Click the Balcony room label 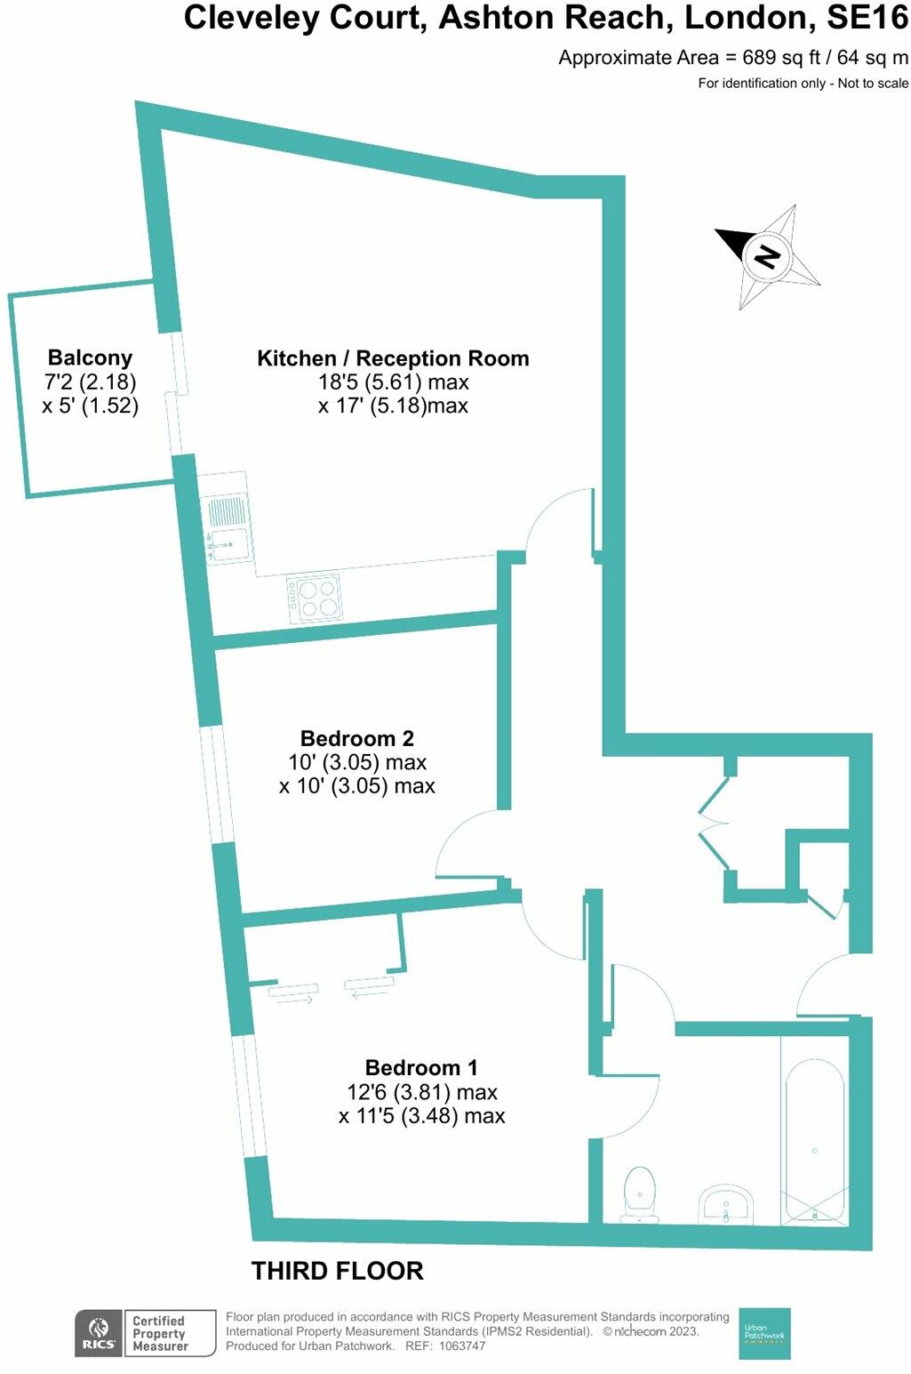(x=90, y=358)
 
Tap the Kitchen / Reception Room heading (x=393, y=358)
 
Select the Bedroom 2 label (x=356, y=738)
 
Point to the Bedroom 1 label (x=421, y=1067)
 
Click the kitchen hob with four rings (x=316, y=598)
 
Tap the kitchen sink (x=228, y=542)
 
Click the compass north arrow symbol (x=766, y=256)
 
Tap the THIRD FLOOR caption (x=337, y=1271)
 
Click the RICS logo (x=98, y=1333)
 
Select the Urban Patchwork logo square (x=764, y=1333)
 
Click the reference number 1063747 (x=458, y=1346)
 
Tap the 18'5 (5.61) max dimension (x=393, y=382)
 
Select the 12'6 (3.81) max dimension (x=421, y=1092)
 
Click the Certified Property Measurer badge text (x=160, y=1333)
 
